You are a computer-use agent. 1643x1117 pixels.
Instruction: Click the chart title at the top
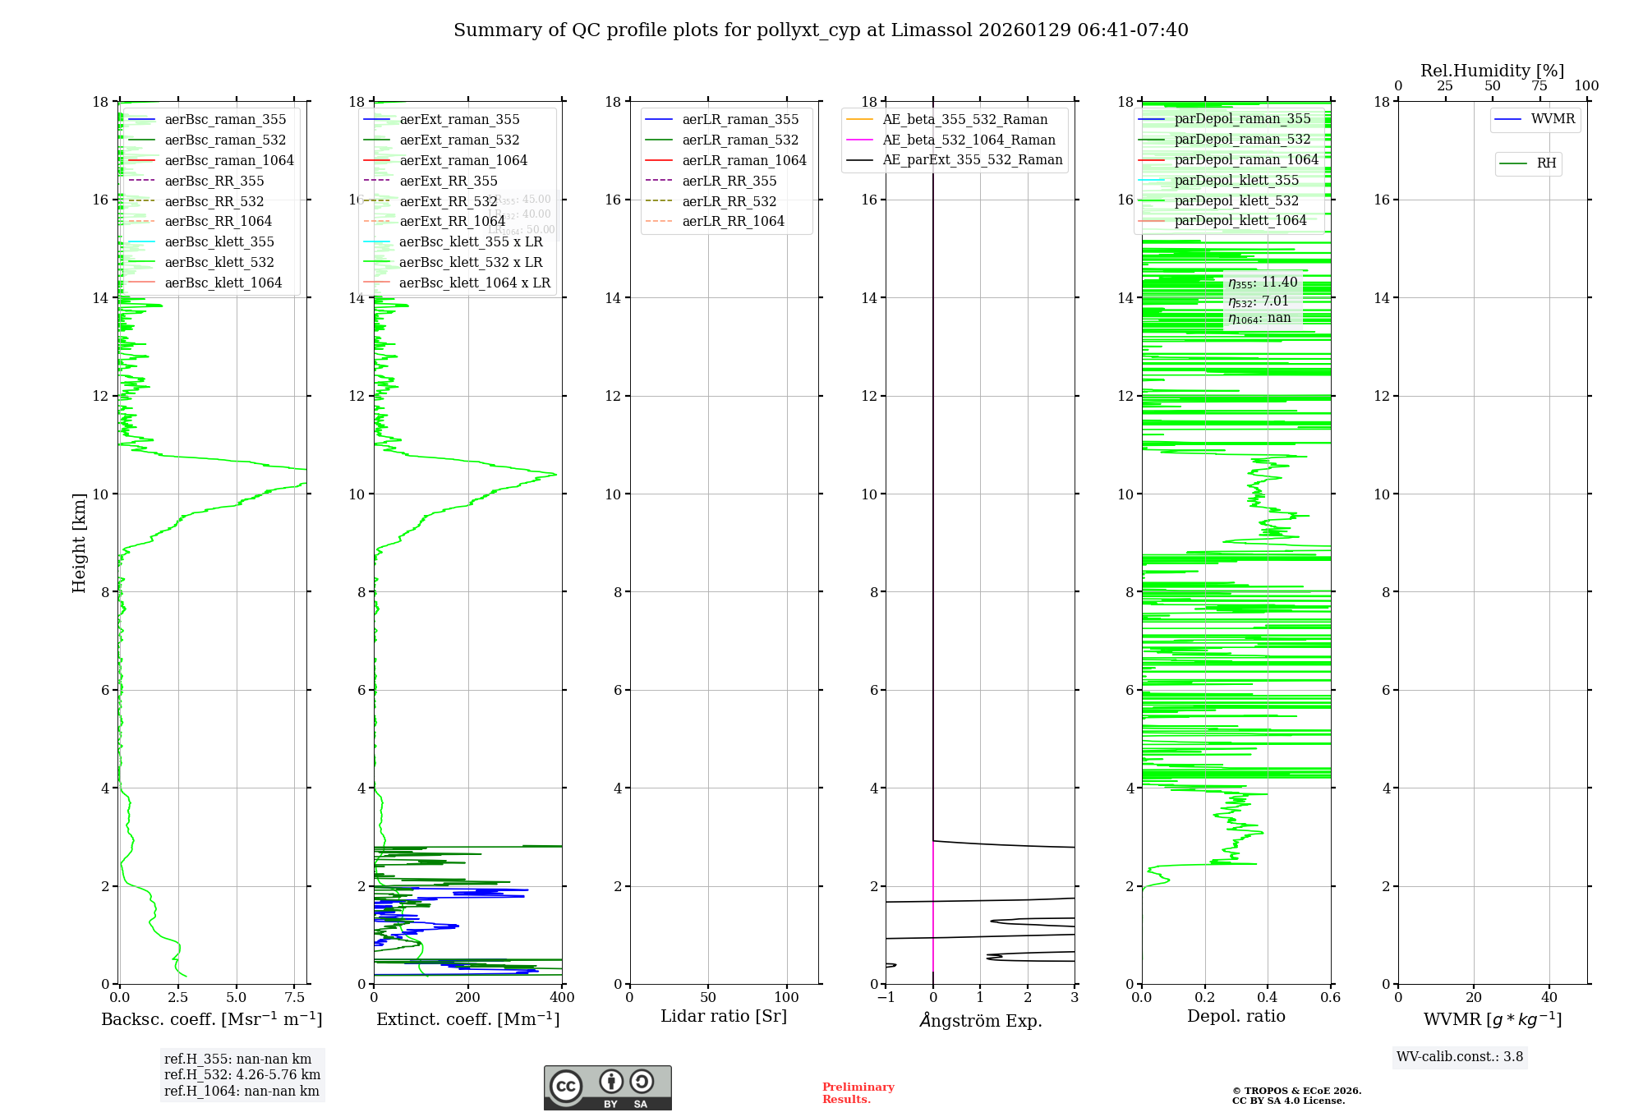[x=821, y=30]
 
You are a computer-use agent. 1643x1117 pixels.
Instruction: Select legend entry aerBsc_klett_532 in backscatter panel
[x=219, y=262]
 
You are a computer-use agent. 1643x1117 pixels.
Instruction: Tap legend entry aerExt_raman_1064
[x=463, y=160]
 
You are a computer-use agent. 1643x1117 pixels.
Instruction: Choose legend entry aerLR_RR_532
[x=729, y=201]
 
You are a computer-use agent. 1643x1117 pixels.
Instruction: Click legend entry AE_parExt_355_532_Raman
[x=972, y=159]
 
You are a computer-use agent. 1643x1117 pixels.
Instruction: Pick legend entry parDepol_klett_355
[x=1236, y=180]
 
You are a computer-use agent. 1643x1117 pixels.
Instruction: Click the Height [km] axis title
[x=79, y=543]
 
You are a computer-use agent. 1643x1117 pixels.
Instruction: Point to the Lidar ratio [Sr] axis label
[x=724, y=1016]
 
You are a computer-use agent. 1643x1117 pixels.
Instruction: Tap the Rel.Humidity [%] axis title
[x=1492, y=71]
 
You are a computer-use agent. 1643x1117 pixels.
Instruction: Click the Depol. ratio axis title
[x=1236, y=1016]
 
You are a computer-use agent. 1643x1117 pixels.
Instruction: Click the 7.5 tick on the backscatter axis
[x=295, y=998]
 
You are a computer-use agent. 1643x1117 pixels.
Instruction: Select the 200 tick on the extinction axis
[x=468, y=998]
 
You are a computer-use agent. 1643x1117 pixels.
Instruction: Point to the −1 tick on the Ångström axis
[x=886, y=998]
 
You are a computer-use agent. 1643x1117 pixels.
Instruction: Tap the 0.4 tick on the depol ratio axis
[x=1268, y=998]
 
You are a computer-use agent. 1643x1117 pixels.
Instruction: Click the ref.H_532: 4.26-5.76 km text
[x=242, y=1074]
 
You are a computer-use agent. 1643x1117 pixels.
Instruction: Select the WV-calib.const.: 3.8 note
[x=1460, y=1057]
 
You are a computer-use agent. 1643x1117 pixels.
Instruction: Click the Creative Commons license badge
[x=607, y=1087]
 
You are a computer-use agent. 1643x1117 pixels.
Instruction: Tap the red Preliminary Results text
[x=858, y=1093]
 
